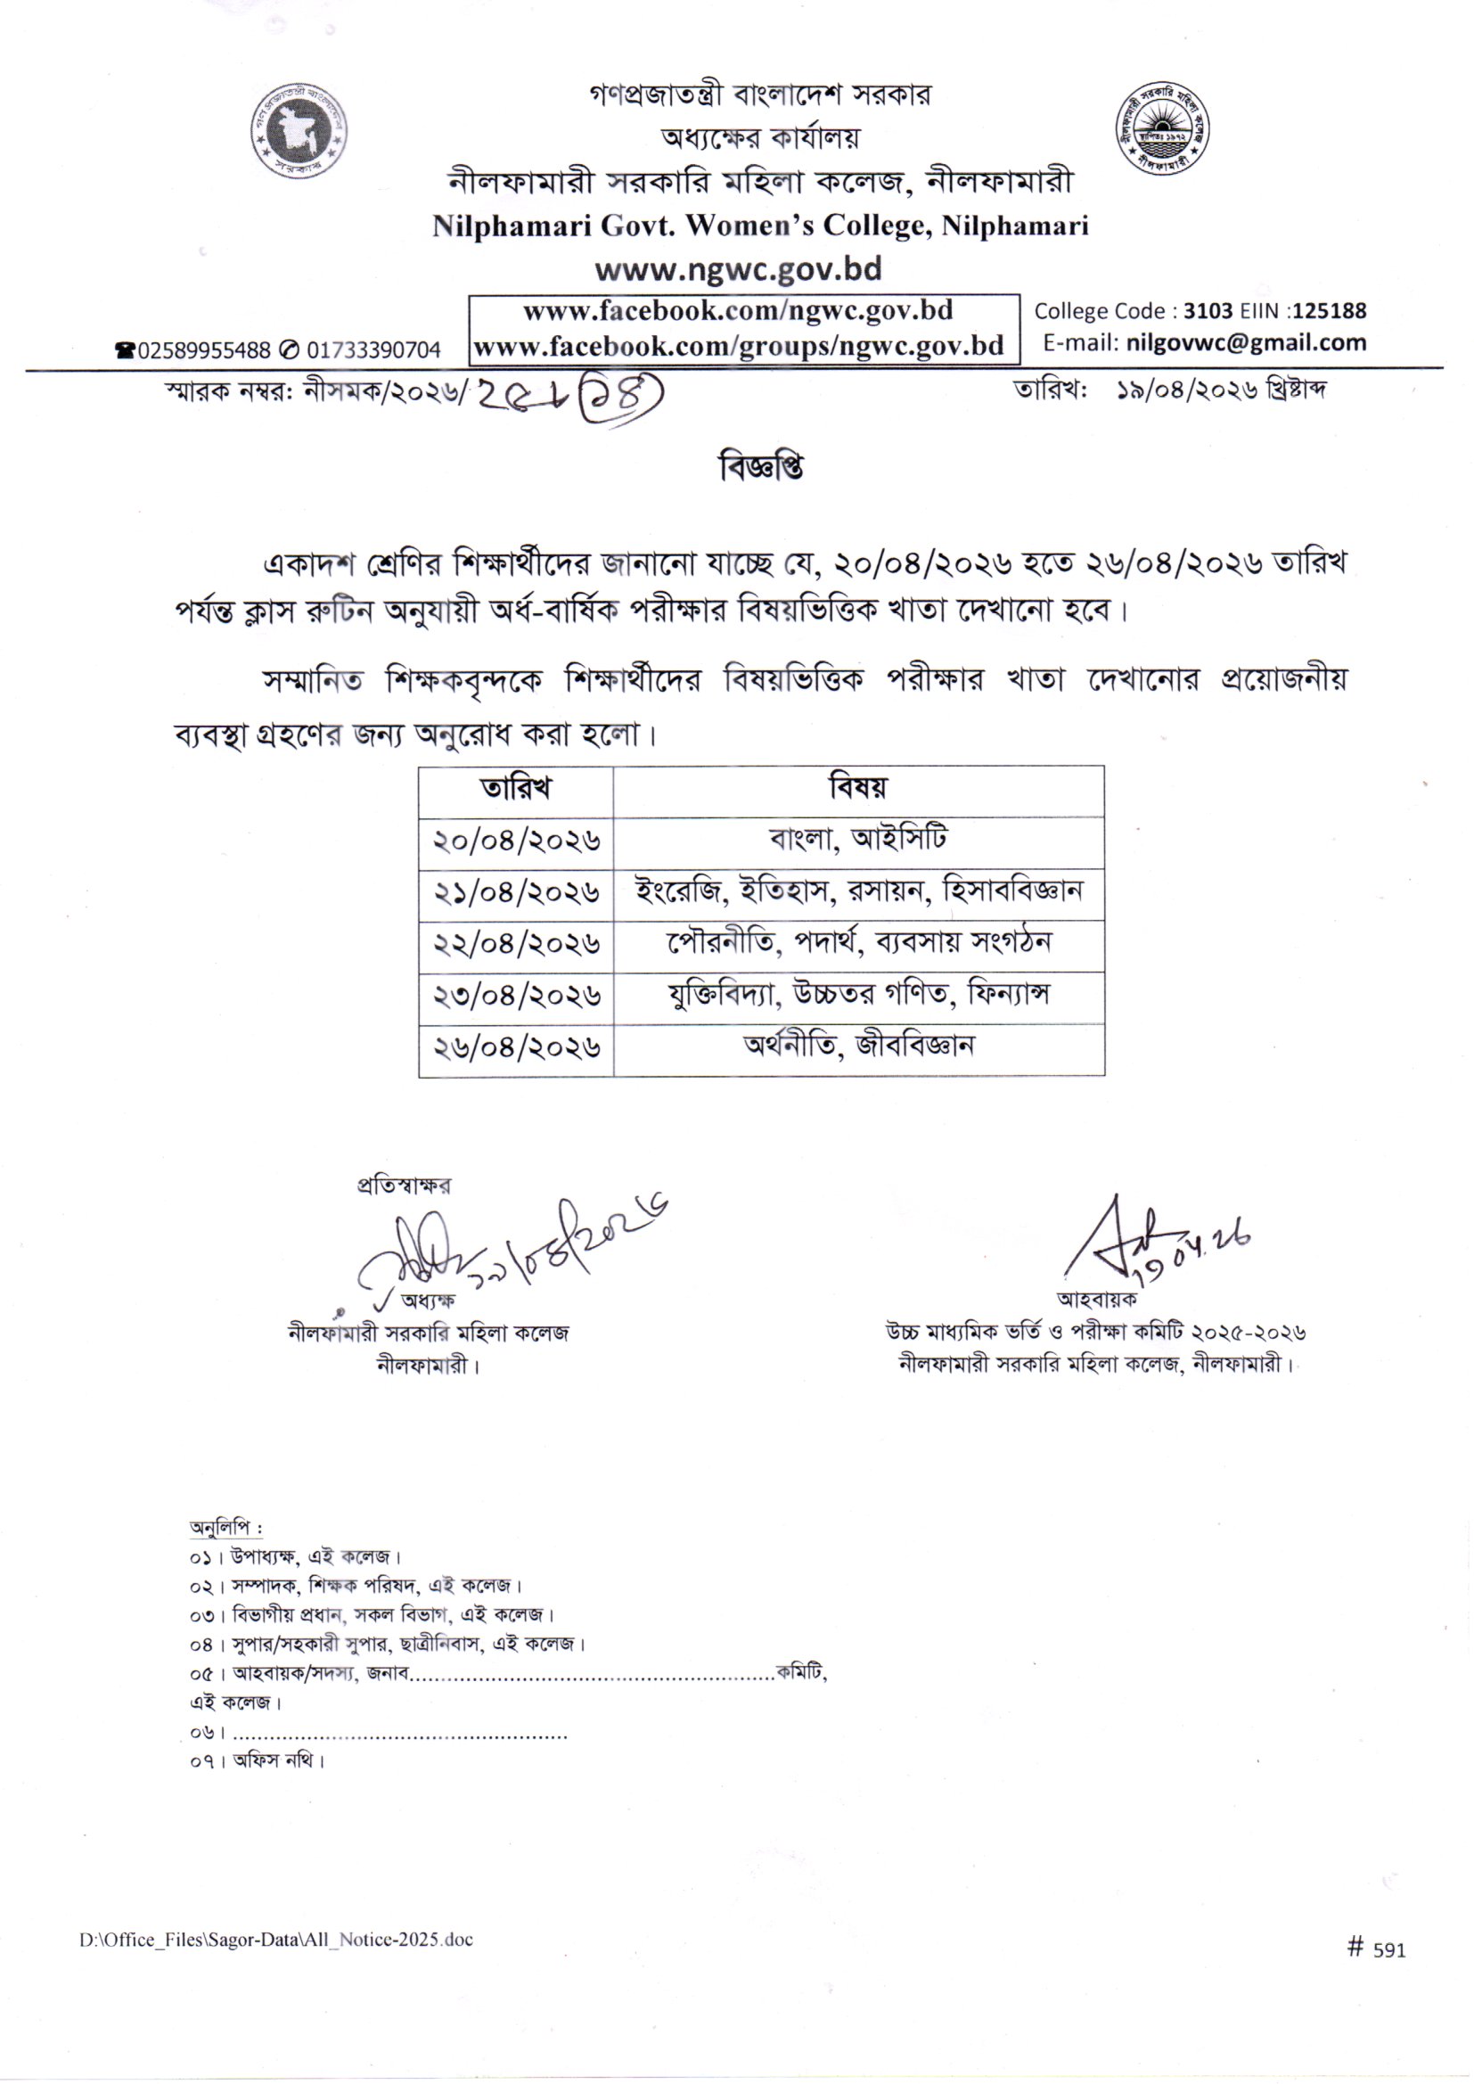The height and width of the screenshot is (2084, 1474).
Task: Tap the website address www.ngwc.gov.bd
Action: [x=738, y=269]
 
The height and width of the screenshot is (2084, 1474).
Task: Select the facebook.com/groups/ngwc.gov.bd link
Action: [x=739, y=346]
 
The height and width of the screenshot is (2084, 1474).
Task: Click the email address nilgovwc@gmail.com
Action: [x=1245, y=343]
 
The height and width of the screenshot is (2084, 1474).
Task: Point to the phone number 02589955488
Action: [x=203, y=349]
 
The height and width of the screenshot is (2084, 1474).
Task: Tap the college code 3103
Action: [x=1208, y=311]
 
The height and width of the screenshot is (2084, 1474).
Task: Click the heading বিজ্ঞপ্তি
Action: [x=760, y=469]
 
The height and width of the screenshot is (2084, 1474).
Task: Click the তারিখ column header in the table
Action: [x=515, y=788]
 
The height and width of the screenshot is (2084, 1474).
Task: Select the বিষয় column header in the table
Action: [x=857, y=788]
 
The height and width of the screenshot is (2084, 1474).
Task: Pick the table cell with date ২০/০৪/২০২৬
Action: [x=515, y=841]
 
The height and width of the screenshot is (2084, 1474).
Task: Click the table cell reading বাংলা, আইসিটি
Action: [x=857, y=840]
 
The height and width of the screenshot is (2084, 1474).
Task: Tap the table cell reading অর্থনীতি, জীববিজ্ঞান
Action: [x=857, y=1046]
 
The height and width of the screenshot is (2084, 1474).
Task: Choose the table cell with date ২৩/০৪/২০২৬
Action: [x=515, y=997]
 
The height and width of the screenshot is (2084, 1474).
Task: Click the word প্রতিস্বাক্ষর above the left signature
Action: [x=403, y=1186]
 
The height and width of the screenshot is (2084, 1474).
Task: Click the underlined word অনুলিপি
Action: [x=225, y=1528]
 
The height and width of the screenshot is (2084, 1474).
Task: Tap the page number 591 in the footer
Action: [x=1388, y=1976]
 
